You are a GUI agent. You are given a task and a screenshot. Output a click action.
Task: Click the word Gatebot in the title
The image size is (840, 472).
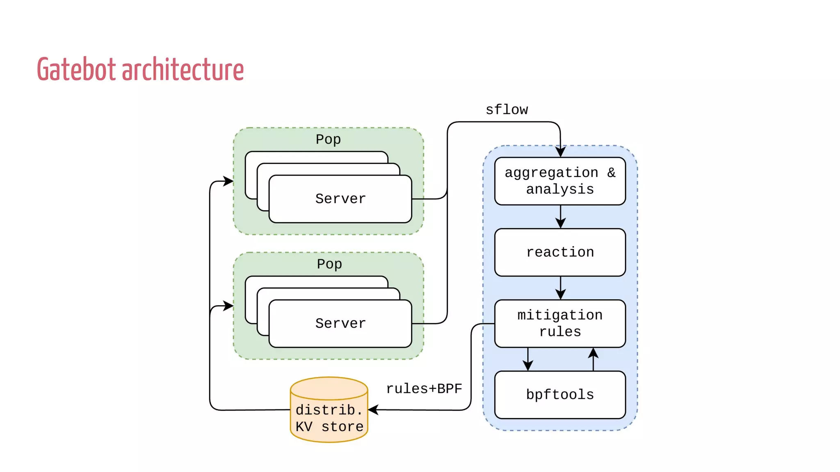(x=76, y=70)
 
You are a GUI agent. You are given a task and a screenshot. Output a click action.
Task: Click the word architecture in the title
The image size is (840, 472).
(x=183, y=70)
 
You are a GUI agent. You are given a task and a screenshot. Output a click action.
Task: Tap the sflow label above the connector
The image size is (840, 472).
(x=507, y=110)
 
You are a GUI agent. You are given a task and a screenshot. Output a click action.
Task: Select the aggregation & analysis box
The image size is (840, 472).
(x=560, y=181)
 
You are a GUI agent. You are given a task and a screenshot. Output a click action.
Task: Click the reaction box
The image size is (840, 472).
(x=560, y=252)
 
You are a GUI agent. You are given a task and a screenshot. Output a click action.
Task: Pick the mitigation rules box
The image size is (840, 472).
(x=560, y=324)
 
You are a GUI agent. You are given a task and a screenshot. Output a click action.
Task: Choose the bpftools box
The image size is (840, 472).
(x=560, y=395)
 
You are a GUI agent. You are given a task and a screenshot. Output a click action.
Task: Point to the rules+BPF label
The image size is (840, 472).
(x=424, y=388)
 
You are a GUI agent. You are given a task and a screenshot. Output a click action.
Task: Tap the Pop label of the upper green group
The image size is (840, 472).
(x=328, y=139)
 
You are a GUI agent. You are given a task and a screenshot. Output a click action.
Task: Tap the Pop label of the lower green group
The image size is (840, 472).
(x=329, y=264)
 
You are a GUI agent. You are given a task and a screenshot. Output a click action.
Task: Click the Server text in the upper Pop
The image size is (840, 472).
(x=340, y=199)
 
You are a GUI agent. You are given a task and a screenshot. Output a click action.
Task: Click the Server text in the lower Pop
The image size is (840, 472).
(x=340, y=324)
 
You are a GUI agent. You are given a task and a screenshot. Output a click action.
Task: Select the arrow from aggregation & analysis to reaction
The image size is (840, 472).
(x=560, y=217)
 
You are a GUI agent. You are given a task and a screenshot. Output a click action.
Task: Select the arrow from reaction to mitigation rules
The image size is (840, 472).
(x=560, y=288)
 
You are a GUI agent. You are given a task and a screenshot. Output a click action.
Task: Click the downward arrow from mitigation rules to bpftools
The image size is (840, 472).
(x=528, y=360)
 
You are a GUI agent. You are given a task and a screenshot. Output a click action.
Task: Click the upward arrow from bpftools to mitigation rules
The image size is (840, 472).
(x=593, y=358)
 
